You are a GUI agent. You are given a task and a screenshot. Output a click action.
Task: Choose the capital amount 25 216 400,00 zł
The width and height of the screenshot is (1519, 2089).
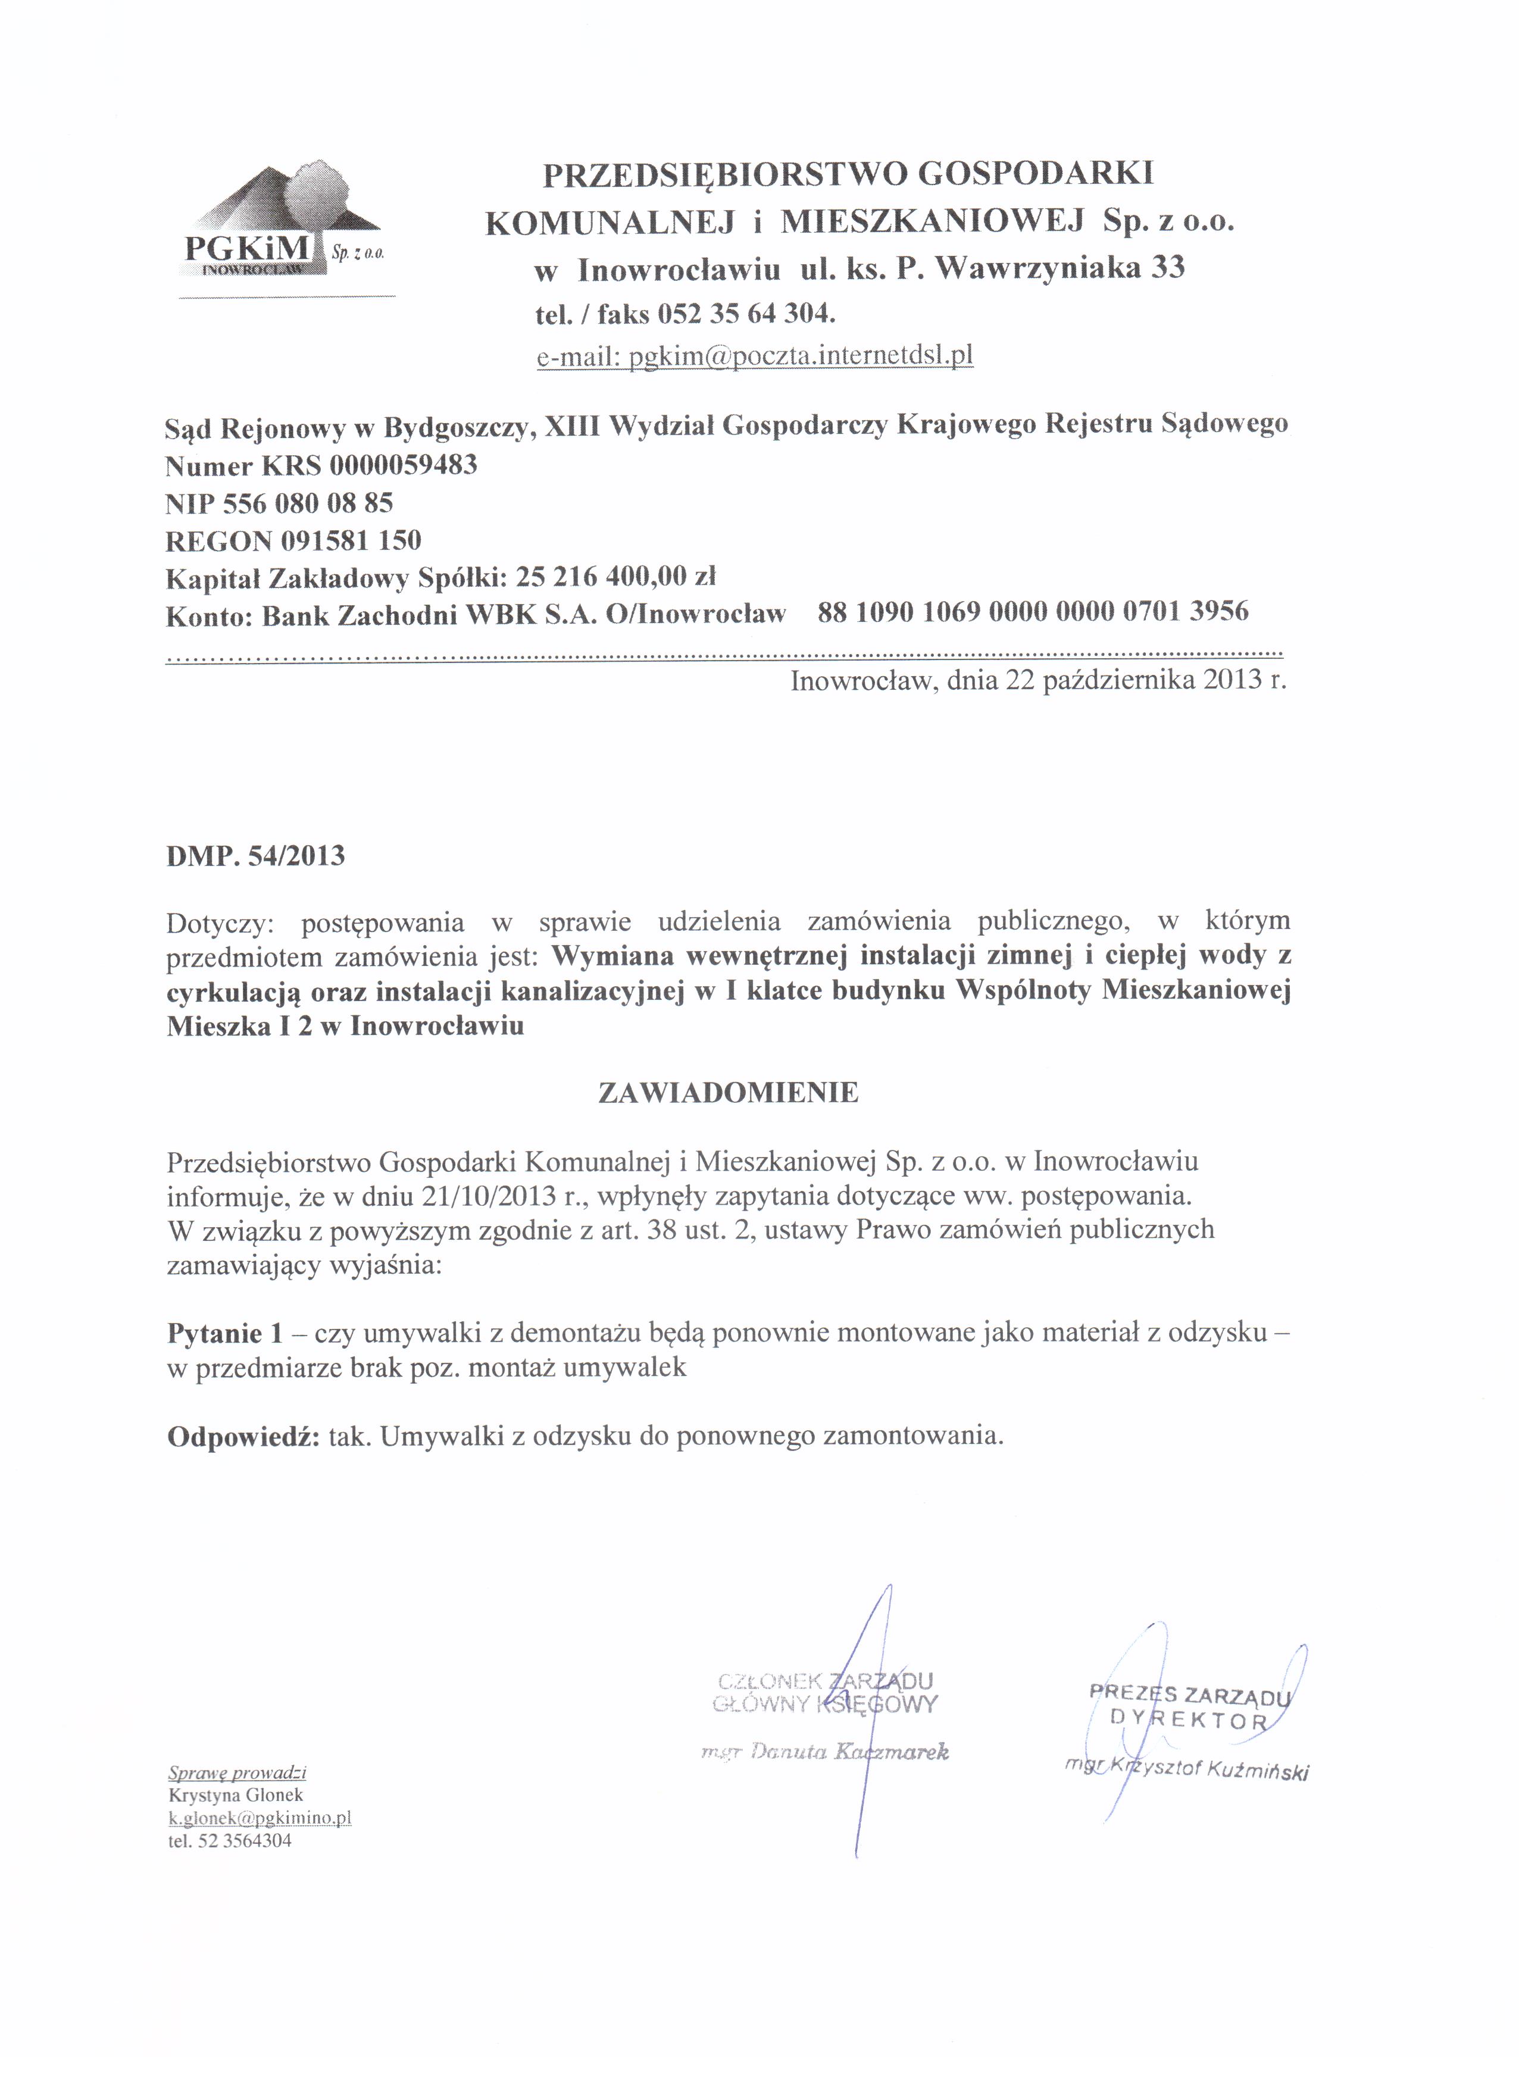[615, 577]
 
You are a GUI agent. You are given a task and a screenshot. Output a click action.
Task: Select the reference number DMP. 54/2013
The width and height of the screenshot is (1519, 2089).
[255, 856]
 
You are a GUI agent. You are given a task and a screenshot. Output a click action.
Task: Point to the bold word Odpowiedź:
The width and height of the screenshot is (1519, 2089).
[243, 1436]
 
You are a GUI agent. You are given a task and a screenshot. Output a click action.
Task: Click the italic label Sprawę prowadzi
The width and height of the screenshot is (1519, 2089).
[237, 1773]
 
